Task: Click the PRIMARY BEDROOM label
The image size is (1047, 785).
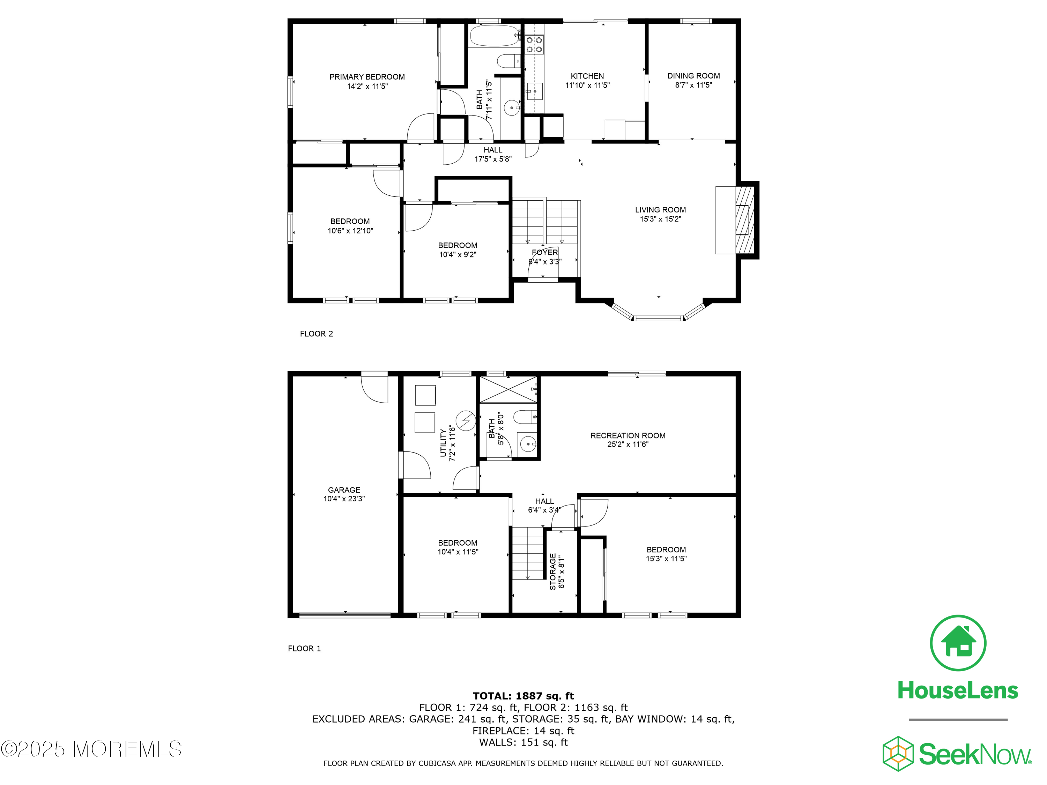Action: pyautogui.click(x=367, y=77)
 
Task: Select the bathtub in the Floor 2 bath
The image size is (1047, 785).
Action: pyautogui.click(x=495, y=36)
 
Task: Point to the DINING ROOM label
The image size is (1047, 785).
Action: pyautogui.click(x=693, y=76)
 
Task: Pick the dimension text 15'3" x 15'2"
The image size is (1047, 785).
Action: pyautogui.click(x=660, y=219)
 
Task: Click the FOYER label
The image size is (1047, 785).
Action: pyautogui.click(x=544, y=253)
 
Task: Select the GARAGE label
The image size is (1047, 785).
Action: pyautogui.click(x=344, y=490)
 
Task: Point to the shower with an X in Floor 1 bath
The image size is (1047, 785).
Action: pyautogui.click(x=508, y=389)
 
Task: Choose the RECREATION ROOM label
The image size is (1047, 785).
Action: pyautogui.click(x=628, y=435)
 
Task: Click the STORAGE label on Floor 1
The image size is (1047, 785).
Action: pyautogui.click(x=552, y=571)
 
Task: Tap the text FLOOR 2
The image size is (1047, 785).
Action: pyautogui.click(x=316, y=334)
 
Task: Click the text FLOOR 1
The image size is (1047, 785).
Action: pyautogui.click(x=304, y=648)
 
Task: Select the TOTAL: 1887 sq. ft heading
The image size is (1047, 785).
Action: pyautogui.click(x=523, y=696)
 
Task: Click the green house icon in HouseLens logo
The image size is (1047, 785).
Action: pyautogui.click(x=958, y=643)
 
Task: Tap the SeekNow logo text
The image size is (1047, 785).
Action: pyautogui.click(x=974, y=754)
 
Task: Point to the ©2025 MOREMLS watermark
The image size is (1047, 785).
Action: pyautogui.click(x=91, y=749)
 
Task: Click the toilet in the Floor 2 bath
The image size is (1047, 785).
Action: pyautogui.click(x=508, y=61)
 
